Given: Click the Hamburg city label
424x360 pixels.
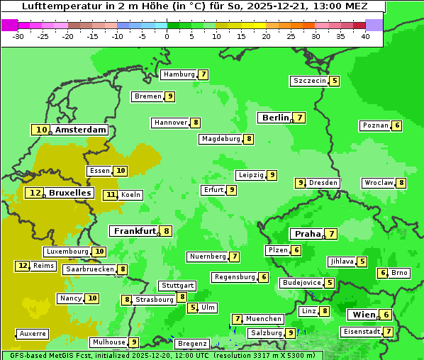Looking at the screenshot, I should pyautogui.click(x=178, y=74).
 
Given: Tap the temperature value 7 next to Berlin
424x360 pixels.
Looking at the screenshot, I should pyautogui.click(x=300, y=118).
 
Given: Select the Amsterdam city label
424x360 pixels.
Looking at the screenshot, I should pyautogui.click(x=80, y=130).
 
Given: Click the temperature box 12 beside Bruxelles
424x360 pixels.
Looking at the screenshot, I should pyautogui.click(x=35, y=193).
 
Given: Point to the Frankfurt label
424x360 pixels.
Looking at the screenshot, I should pyautogui.click(x=134, y=231).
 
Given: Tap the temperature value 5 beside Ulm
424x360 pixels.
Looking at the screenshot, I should pyautogui.click(x=193, y=308).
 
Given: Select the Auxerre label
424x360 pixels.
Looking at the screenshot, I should pyautogui.click(x=33, y=334).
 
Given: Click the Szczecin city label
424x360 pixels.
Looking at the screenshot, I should pyautogui.click(x=310, y=81).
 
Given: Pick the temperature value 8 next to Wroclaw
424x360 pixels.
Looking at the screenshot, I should pyautogui.click(x=401, y=183).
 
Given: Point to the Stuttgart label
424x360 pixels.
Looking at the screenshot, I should pyautogui.click(x=177, y=286).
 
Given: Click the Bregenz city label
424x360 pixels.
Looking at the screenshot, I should pyautogui.click(x=191, y=344).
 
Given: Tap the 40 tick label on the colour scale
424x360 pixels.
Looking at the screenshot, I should pyautogui.click(x=364, y=36).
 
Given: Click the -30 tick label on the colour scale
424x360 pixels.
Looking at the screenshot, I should pyautogui.click(x=18, y=36).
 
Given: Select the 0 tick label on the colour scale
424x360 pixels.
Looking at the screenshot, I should pyautogui.click(x=167, y=36).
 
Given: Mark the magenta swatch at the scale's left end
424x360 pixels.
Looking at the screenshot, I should pyautogui.click(x=9, y=25).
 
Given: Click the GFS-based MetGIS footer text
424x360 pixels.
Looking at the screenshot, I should pyautogui.click(x=43, y=355).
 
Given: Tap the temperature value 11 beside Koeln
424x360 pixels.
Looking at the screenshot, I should pyautogui.click(x=110, y=195).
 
